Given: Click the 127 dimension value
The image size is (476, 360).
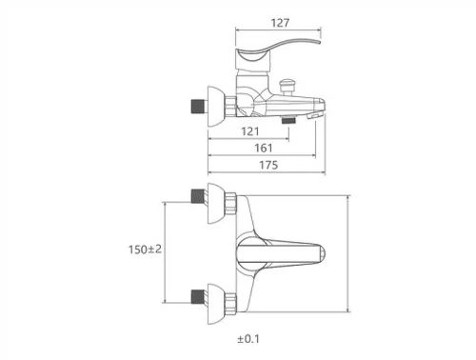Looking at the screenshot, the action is click(x=280, y=23).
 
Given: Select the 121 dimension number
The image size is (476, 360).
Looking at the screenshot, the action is click(x=250, y=131).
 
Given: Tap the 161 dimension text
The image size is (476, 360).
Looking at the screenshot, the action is click(x=264, y=148).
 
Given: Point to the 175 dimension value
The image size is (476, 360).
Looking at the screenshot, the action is click(x=268, y=165).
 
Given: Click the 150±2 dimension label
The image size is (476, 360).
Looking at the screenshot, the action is click(x=145, y=250).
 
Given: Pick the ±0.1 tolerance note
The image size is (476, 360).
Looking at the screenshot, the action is click(x=248, y=339).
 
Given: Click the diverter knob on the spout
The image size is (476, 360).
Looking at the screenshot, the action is click(x=287, y=87).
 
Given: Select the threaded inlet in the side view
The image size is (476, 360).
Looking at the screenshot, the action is click(x=199, y=107).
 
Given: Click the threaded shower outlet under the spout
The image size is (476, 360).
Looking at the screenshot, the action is click(x=288, y=120).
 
